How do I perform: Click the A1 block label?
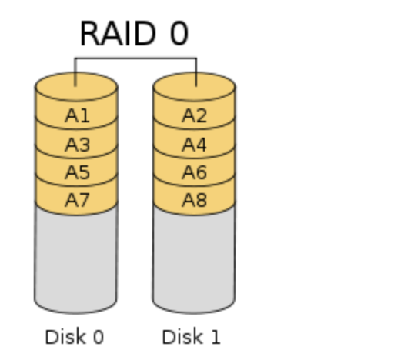77,115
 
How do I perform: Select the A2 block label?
194,115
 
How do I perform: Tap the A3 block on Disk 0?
77,145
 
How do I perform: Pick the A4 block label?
194,145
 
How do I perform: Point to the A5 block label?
77,172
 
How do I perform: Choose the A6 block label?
194,172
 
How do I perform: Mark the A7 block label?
77,200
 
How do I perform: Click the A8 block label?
194,200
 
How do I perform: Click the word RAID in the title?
118,34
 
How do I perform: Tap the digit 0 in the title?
179,34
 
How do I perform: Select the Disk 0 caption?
75,337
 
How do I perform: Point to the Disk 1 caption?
191,337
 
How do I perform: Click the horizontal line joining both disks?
135,58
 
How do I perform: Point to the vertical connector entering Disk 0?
75,72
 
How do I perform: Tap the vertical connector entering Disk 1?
196,72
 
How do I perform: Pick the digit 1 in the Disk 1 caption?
216,337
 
